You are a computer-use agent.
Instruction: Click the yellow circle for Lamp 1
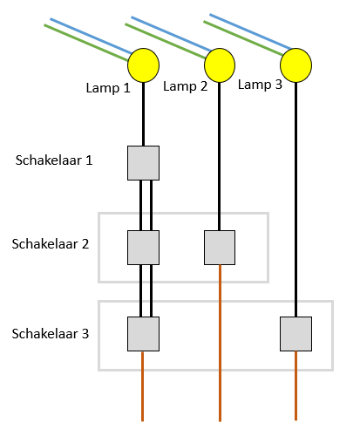[143, 65]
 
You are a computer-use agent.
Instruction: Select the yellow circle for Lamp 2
[220, 65]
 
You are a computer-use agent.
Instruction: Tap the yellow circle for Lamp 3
[295, 65]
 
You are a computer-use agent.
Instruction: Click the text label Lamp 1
[108, 88]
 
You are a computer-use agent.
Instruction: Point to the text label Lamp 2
[186, 86]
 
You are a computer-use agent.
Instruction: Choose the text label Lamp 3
[260, 85]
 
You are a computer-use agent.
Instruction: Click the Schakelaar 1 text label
[54, 160]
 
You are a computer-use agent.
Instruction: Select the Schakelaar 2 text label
[51, 244]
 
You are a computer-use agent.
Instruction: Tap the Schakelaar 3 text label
[51, 334]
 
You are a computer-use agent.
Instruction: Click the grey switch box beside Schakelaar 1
[143, 163]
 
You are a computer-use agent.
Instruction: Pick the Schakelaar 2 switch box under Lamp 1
[143, 248]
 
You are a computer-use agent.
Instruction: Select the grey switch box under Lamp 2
[220, 248]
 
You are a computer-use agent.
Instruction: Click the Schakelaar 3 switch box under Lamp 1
[143, 334]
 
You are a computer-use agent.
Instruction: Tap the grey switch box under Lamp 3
[295, 334]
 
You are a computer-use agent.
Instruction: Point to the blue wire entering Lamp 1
[91, 36]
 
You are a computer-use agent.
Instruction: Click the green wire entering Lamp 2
[166, 41]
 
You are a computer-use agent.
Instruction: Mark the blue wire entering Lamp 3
[250, 31]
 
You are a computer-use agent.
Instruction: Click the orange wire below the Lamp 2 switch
[220, 343]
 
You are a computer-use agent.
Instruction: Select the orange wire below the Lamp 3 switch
[295, 385]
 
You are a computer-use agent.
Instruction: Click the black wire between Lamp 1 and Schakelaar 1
[143, 114]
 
